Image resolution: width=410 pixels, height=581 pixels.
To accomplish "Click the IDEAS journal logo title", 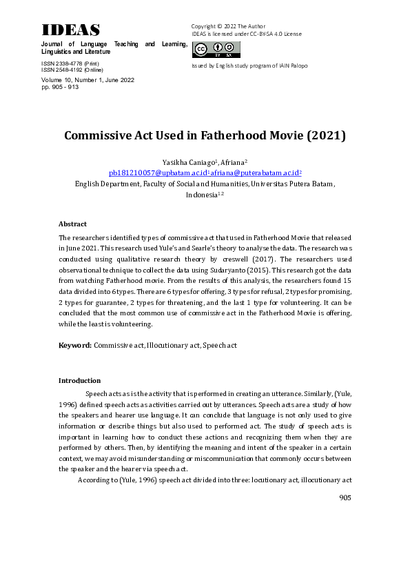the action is pyautogui.click(x=70, y=30).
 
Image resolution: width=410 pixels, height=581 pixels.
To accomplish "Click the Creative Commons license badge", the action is pyautogui.click(x=216, y=49).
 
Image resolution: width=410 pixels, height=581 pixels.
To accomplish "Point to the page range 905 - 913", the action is pyautogui.click(x=61, y=88).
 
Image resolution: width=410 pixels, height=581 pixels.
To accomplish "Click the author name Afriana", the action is pyautogui.click(x=234, y=161).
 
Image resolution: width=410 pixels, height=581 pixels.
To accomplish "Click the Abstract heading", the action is pyautogui.click(x=72, y=224).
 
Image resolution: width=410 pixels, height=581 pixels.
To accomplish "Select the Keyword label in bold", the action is pyautogui.click(x=75, y=344).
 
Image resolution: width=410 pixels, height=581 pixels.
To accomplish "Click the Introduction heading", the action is pyautogui.click(x=79, y=380).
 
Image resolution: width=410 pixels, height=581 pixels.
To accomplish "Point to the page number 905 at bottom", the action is pyautogui.click(x=346, y=498).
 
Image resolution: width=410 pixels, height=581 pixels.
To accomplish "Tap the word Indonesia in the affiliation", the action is pyautogui.click(x=201, y=195).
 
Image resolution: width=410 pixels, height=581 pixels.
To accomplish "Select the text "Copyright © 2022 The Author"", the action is pyautogui.click(x=228, y=26).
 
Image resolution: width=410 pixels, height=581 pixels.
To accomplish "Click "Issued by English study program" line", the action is pyautogui.click(x=249, y=66).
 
